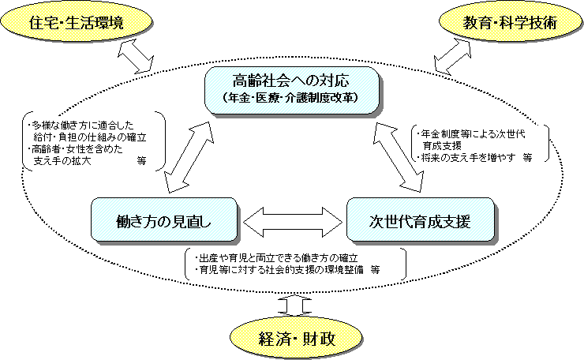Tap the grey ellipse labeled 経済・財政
click(x=297, y=339)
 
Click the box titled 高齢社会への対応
click(x=291, y=88)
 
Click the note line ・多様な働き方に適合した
click(x=81, y=125)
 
